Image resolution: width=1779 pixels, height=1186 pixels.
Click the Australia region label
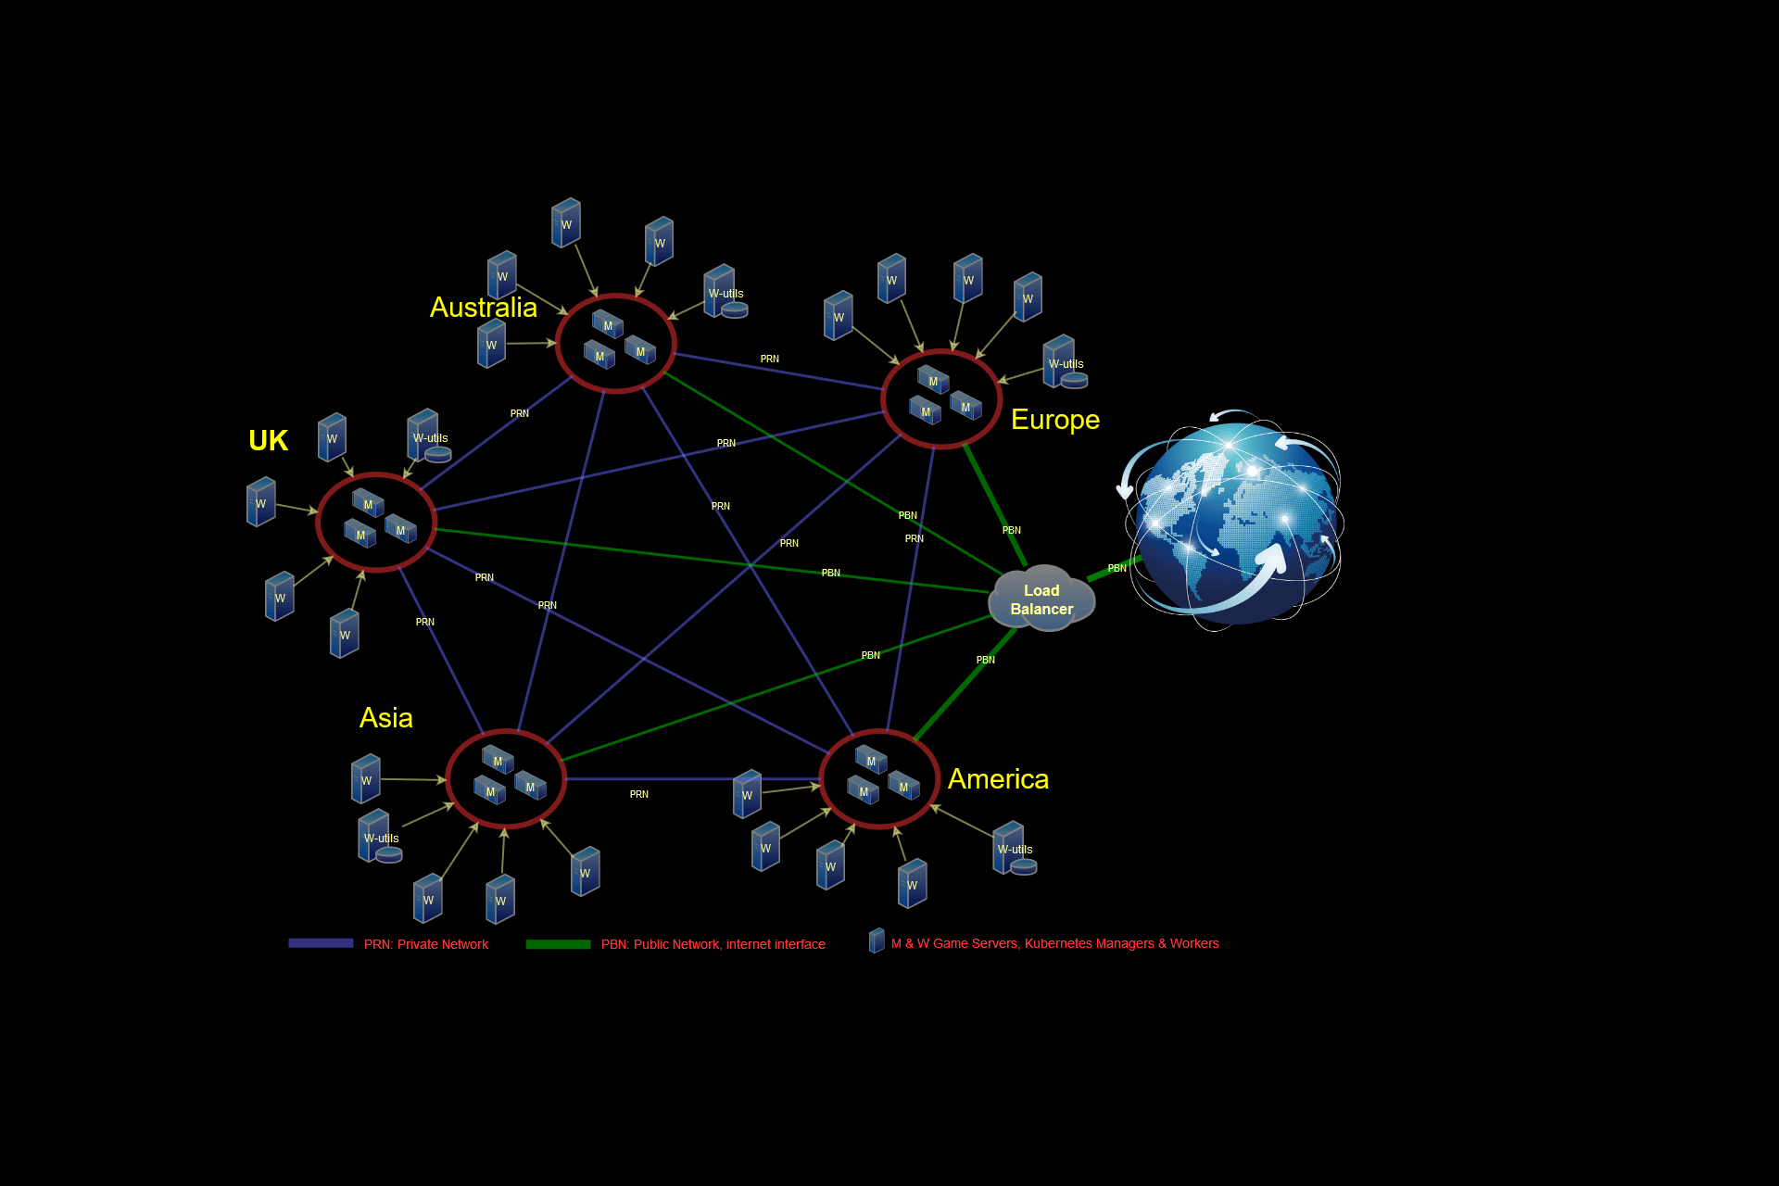(x=483, y=308)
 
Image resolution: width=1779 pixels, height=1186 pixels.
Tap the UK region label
(x=268, y=441)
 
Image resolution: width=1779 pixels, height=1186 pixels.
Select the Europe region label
(x=1055, y=420)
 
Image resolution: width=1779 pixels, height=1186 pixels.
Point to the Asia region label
(x=385, y=718)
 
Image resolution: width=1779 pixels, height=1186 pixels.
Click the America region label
(x=998, y=779)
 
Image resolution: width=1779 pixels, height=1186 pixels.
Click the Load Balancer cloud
(x=1042, y=599)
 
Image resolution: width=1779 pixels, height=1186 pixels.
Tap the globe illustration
(x=1233, y=520)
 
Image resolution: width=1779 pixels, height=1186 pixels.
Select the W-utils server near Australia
(x=725, y=292)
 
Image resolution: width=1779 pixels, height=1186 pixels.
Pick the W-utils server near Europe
(x=1065, y=362)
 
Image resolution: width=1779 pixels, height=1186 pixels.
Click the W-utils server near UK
(x=429, y=436)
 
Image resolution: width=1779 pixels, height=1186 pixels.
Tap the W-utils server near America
(x=1015, y=849)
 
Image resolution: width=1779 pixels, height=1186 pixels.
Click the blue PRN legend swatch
(x=321, y=943)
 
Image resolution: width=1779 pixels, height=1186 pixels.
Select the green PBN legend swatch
(x=558, y=944)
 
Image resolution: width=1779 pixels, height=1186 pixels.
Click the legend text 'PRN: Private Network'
(x=426, y=944)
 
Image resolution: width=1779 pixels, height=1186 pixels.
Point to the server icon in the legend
(x=877, y=940)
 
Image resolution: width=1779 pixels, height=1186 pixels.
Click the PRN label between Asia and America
(x=639, y=794)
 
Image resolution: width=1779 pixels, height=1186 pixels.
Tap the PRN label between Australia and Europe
(x=770, y=359)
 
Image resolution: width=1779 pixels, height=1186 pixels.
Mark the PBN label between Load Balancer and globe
(x=1117, y=568)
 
